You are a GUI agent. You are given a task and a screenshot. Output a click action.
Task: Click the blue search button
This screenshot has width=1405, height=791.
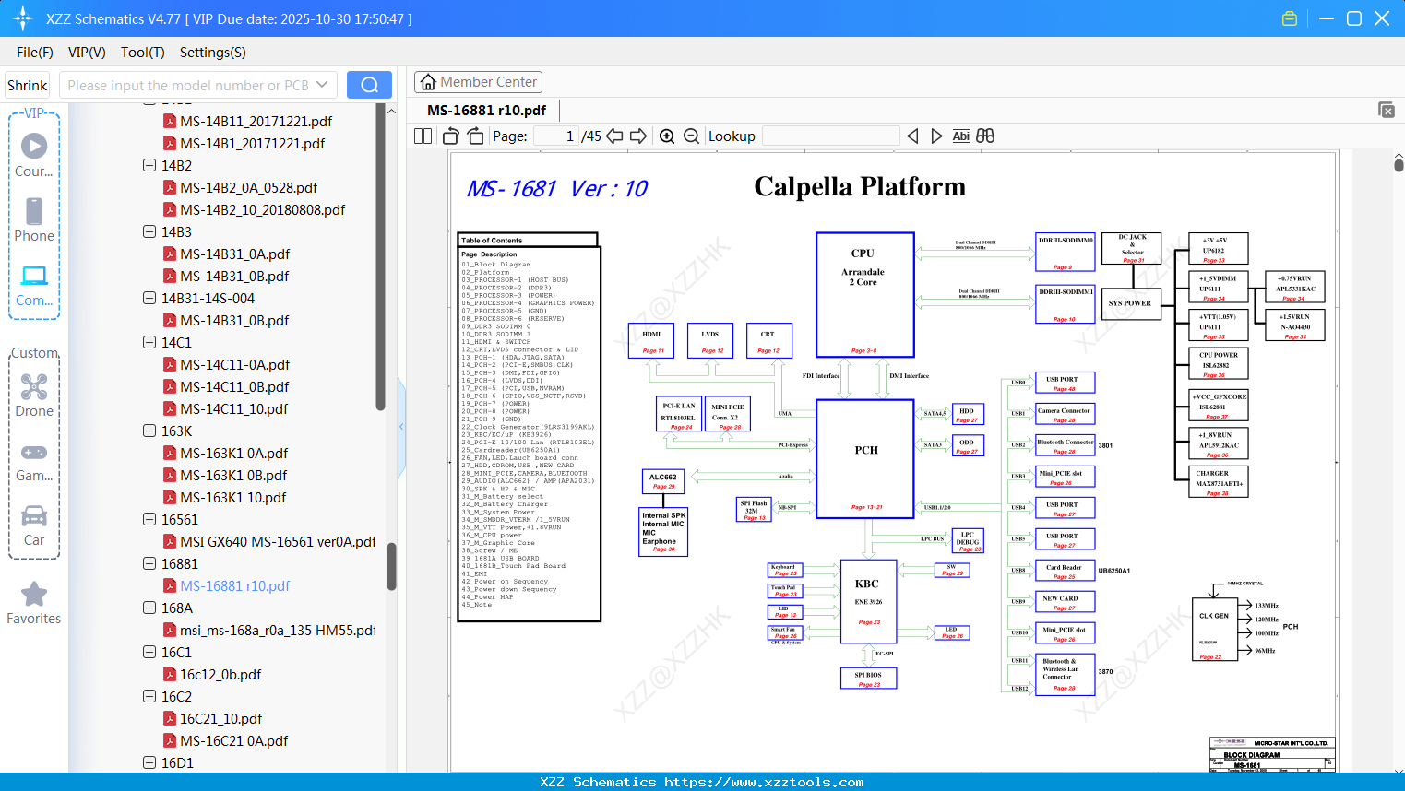[x=369, y=85]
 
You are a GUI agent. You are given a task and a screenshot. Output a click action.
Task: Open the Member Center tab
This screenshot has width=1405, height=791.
[x=478, y=82]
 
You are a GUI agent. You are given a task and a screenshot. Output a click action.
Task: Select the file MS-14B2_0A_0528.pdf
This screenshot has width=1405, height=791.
[x=248, y=187]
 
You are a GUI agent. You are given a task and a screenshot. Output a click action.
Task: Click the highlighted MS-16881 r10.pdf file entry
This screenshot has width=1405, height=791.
[x=234, y=585]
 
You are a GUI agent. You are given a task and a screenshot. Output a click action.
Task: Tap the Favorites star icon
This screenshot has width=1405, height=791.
[x=34, y=595]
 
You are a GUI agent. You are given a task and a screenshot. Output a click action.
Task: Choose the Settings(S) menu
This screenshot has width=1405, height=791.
[x=212, y=53]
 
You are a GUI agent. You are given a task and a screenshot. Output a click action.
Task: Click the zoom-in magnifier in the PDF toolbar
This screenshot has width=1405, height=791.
[x=667, y=136]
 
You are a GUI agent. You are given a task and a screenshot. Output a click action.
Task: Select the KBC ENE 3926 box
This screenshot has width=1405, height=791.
[x=868, y=600]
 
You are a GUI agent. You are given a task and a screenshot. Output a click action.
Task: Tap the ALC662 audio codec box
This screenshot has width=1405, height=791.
[x=663, y=481]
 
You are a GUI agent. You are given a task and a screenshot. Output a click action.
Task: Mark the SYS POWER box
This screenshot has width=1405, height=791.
[x=1130, y=302]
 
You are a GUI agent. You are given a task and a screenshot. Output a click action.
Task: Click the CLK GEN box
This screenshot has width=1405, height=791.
[x=1214, y=628]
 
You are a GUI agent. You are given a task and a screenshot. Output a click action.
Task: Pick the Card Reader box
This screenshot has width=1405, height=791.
[x=1064, y=571]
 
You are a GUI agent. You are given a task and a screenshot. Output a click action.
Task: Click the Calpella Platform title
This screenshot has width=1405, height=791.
[x=860, y=187]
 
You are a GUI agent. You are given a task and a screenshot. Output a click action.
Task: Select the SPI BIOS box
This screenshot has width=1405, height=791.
[x=868, y=678]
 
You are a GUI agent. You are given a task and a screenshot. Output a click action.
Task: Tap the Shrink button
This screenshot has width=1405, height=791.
[x=28, y=85]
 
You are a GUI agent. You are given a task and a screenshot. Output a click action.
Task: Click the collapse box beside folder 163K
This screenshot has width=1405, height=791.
[x=149, y=431]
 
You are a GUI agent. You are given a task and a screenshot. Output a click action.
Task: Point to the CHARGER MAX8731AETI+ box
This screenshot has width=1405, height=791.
[x=1219, y=481]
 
